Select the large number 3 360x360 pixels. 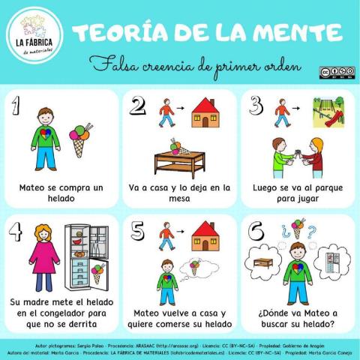coord(255,104)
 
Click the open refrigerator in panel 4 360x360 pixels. coord(85,255)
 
